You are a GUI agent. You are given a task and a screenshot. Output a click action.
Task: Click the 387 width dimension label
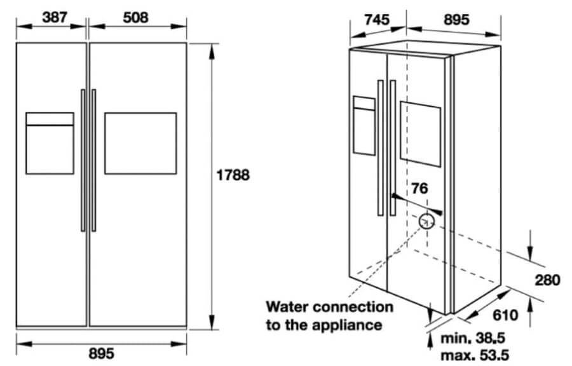(55, 17)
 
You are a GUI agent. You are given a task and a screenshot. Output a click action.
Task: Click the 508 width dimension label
(136, 17)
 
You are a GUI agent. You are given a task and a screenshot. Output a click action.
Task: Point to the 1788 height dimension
(233, 175)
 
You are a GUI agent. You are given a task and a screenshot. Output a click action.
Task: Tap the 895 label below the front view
(102, 353)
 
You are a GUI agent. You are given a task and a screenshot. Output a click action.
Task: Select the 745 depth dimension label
(377, 19)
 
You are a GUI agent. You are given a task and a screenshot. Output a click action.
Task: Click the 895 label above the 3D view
(456, 19)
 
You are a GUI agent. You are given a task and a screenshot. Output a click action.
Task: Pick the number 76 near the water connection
(419, 189)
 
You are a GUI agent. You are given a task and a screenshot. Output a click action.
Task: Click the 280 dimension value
(547, 280)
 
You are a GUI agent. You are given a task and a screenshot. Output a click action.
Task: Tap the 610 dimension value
(505, 315)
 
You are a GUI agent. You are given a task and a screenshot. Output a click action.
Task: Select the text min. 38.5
(473, 338)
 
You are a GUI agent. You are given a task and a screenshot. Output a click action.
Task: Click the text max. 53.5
(475, 355)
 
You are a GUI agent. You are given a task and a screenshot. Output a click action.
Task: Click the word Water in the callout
(287, 306)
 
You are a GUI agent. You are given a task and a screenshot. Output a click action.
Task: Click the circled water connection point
(426, 221)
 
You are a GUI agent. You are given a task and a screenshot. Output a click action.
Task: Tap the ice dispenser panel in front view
(50, 143)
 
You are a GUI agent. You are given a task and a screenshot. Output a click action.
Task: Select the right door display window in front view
(140, 143)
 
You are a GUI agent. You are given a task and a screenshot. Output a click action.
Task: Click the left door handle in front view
(83, 160)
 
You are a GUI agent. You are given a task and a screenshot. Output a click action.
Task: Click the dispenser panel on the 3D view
(364, 126)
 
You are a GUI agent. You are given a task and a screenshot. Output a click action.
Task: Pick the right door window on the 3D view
(420, 134)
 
